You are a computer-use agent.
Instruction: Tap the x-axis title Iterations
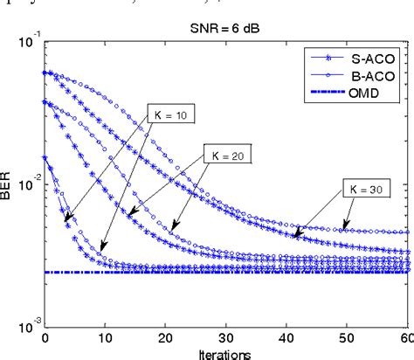point(224,353)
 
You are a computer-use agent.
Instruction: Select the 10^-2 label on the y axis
point(27,183)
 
